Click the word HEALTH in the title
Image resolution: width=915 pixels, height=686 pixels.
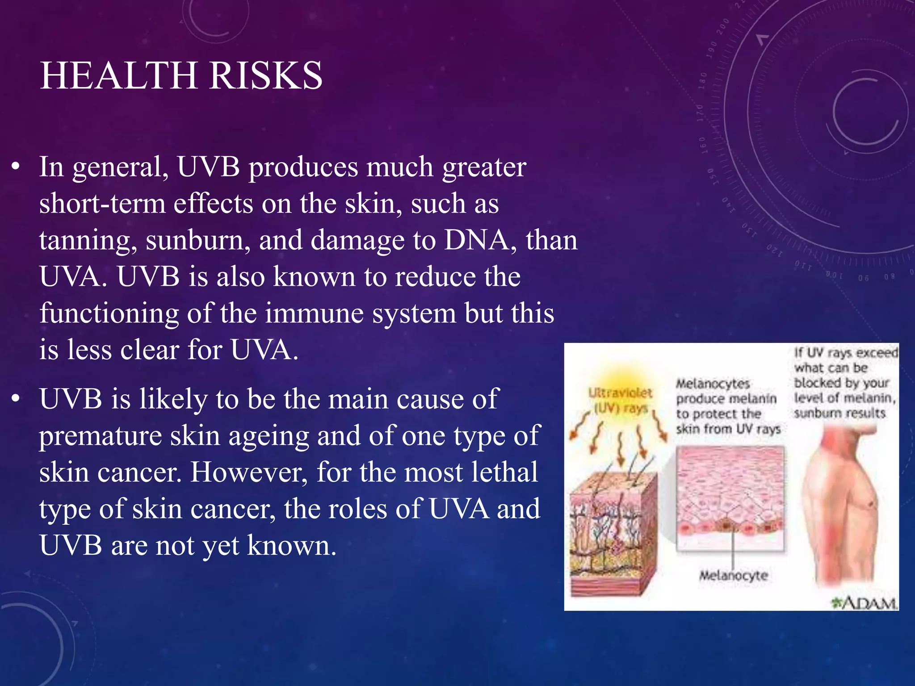119,75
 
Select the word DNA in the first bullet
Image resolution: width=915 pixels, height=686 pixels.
476,240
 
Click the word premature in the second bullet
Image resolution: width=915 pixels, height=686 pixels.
100,436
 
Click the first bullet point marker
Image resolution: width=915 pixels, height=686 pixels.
16,167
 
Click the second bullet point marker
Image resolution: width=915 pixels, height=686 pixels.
16,399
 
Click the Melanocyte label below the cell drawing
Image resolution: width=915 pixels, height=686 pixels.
733,575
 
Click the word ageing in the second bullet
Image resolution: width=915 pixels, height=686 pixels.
269,436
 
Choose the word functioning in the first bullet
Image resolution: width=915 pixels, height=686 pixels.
109,313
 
